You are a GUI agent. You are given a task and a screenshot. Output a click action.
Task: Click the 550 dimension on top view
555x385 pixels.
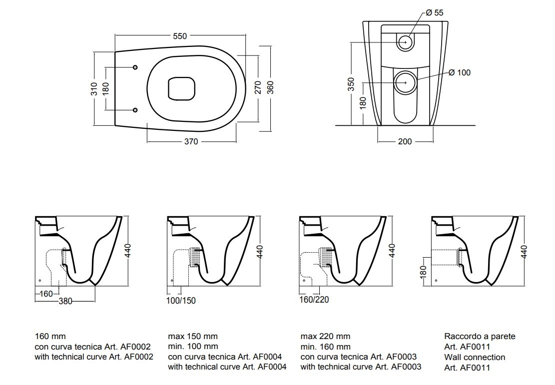[179, 36]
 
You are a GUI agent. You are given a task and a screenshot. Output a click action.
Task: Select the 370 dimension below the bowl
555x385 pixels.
[191, 141]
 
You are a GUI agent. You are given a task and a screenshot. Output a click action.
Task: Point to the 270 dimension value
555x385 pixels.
[258, 88]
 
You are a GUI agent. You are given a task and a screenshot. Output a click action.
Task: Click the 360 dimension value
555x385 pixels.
[270, 88]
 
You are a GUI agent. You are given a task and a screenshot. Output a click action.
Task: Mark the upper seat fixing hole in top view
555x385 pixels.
[135, 67]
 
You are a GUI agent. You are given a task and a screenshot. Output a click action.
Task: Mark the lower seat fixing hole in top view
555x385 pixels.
[135, 110]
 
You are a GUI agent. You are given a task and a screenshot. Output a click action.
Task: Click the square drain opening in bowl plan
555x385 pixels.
[180, 88]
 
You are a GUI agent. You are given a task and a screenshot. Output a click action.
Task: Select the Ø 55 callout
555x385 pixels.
[434, 13]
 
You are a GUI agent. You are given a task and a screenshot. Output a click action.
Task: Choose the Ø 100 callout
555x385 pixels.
[459, 72]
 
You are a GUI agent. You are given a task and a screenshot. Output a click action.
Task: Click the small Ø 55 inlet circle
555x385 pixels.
[405, 42]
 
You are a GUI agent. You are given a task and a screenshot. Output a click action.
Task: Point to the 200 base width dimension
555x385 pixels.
[405, 141]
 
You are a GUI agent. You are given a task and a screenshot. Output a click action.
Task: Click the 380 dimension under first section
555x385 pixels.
[65, 301]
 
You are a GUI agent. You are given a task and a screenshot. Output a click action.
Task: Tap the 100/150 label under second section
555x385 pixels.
[180, 301]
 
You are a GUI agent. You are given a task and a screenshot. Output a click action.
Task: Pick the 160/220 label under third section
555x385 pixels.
[314, 300]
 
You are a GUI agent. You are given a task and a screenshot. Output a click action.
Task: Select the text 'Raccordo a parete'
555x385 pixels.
[479, 336]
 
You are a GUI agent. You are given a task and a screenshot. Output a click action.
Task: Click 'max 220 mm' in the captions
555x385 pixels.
[325, 336]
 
